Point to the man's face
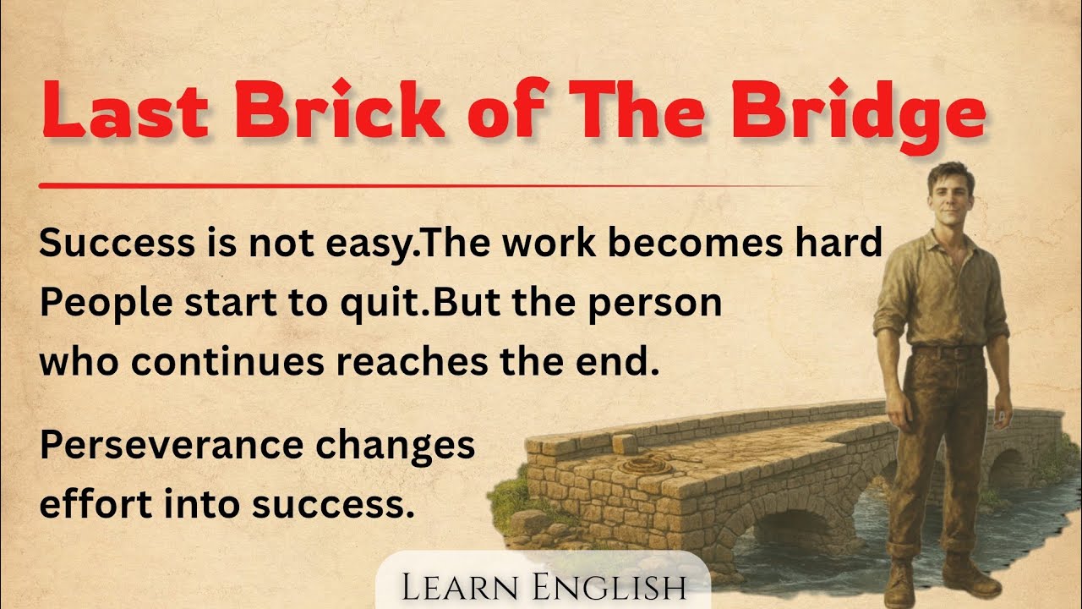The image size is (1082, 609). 949,193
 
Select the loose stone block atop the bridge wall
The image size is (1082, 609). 625,443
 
